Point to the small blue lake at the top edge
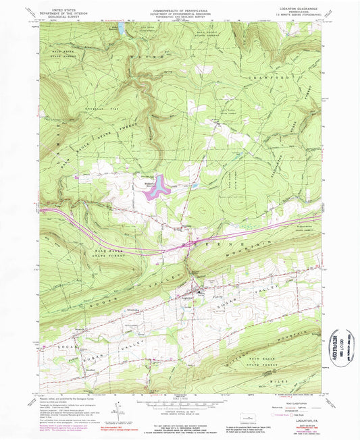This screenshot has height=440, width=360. (122, 30)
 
